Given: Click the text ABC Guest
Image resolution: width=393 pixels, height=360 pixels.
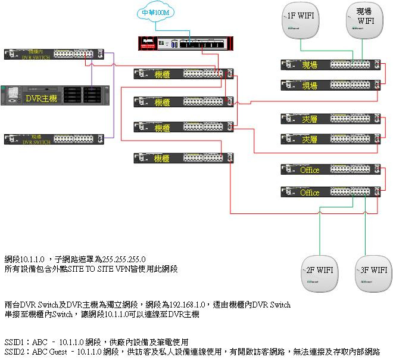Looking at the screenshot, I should pyautogui.click(x=52, y=352).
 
